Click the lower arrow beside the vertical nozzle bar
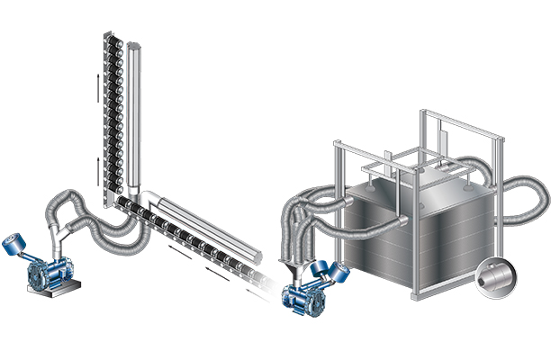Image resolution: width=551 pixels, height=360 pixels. tap(96, 166)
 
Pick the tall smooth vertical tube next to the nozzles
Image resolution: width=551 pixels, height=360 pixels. tap(132, 117)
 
